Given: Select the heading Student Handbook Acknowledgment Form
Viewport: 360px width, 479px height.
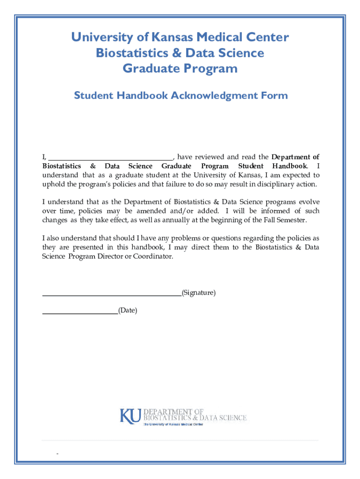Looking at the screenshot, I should [181, 96].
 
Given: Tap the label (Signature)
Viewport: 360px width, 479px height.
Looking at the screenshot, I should [199, 293].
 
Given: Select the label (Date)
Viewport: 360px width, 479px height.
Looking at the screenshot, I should [128, 310].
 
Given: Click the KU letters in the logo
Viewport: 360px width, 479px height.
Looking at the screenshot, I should [130, 415].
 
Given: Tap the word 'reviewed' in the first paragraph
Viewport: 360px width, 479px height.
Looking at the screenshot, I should [209, 157].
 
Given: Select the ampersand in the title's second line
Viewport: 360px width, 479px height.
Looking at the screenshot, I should [177, 53].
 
